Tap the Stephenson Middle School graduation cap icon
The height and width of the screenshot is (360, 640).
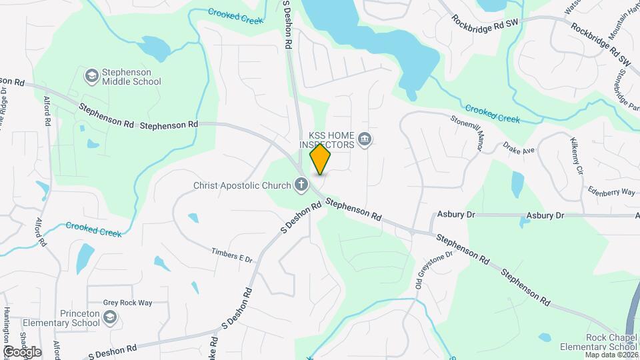(x=91, y=76)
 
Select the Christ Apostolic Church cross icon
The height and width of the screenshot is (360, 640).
(x=301, y=185)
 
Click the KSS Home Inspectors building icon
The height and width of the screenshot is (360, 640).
(x=364, y=139)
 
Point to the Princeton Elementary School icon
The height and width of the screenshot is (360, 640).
(x=109, y=319)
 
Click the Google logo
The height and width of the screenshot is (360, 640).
(x=22, y=351)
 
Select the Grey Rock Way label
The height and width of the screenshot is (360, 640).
(x=127, y=303)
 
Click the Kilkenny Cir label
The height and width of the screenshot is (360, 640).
(x=577, y=156)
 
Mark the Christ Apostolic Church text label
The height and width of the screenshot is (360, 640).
(x=242, y=186)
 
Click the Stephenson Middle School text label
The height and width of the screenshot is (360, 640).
(x=131, y=77)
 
